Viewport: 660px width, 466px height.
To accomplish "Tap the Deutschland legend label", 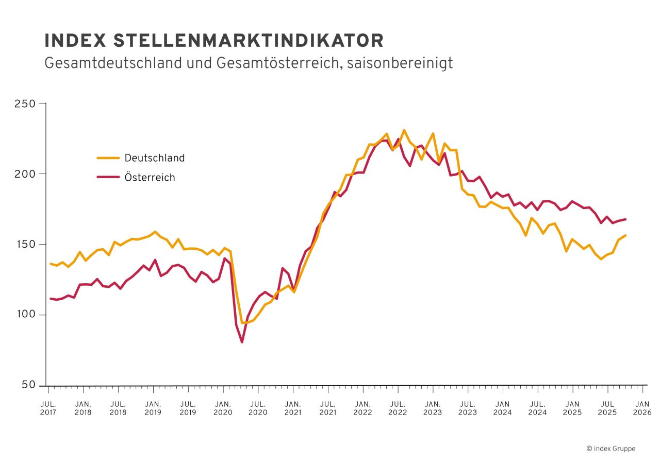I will (154, 158).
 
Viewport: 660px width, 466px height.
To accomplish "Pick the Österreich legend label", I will (150, 178).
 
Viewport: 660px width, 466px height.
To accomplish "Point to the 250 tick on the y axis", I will (29, 103).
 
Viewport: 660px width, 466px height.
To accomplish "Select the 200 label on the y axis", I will (29, 174).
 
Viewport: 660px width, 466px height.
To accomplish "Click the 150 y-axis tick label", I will (29, 245).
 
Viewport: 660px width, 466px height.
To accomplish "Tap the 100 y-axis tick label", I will (29, 315).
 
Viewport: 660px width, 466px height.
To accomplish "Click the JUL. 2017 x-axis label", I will (48, 408).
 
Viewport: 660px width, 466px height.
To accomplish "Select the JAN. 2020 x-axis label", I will (223, 408).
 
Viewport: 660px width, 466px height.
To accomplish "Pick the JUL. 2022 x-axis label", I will (398, 408).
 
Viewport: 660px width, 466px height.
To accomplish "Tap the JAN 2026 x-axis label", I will (642, 408).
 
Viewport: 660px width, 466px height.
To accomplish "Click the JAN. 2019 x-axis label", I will (153, 408).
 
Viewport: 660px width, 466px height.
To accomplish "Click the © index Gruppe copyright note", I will (610, 448).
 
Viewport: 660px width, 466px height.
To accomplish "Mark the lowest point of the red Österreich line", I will (242, 342).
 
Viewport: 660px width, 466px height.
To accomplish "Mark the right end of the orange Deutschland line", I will (625, 235).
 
